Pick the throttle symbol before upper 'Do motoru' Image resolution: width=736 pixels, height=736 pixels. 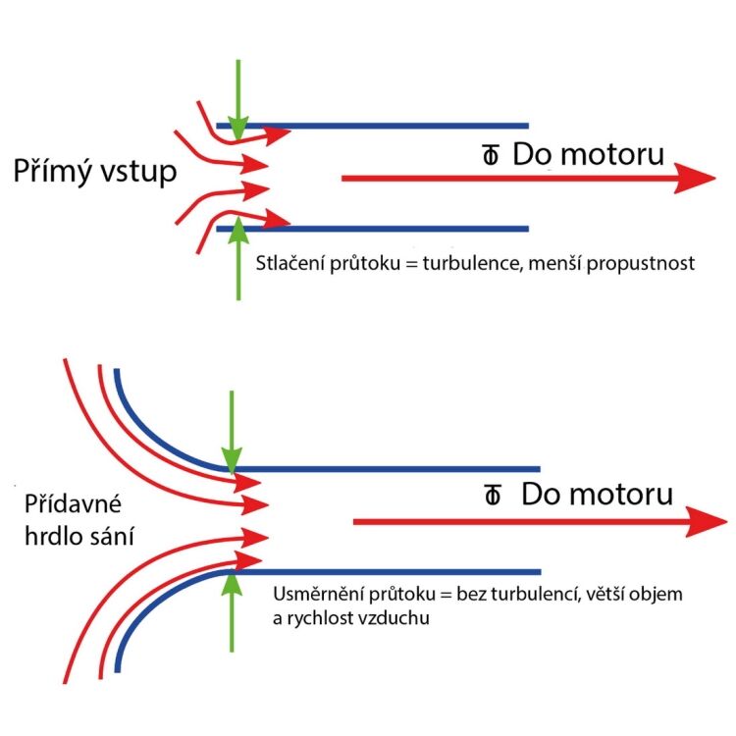coord(490,156)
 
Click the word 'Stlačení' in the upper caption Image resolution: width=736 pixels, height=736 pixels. coord(285,264)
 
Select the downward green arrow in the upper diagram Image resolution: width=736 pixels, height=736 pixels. coord(238,98)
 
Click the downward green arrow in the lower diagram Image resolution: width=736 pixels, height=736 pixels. coord(232,432)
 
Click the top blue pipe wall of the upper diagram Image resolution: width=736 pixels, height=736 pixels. coord(393,126)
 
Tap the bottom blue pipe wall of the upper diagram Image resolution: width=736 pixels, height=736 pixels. coord(393,229)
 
